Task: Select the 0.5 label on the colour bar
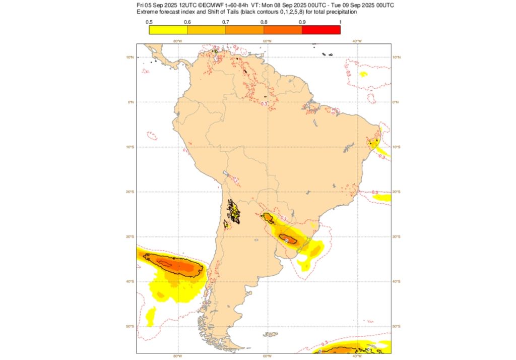149,22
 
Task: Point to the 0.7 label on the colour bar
226,22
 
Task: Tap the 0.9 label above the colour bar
302,22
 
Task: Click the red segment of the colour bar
321,30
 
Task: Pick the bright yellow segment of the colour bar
168,30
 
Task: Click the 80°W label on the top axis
177,41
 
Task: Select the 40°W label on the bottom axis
356,356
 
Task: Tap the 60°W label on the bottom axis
267,356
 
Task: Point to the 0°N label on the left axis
131,102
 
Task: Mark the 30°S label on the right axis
397,236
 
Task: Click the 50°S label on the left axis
131,326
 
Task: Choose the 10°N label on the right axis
397,57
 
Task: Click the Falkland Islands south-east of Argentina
271,334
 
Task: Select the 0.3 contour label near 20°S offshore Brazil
374,192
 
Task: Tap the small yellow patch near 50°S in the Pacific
150,317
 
